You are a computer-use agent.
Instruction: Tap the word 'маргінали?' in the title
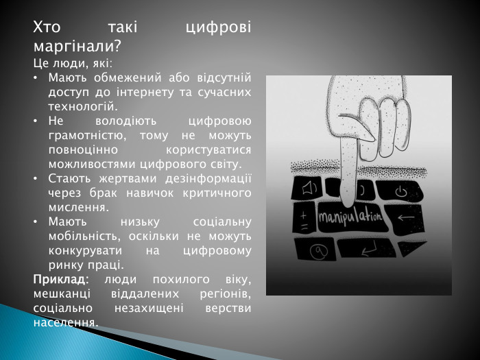click(x=77, y=47)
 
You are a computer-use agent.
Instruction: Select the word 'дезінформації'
click(x=214, y=179)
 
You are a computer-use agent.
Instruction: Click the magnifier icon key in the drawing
click(x=317, y=252)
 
